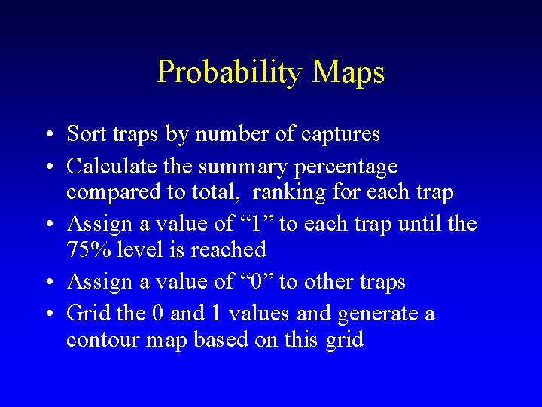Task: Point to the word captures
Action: point(340,135)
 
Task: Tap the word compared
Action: point(113,193)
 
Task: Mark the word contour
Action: point(99,340)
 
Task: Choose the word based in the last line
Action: point(221,340)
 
